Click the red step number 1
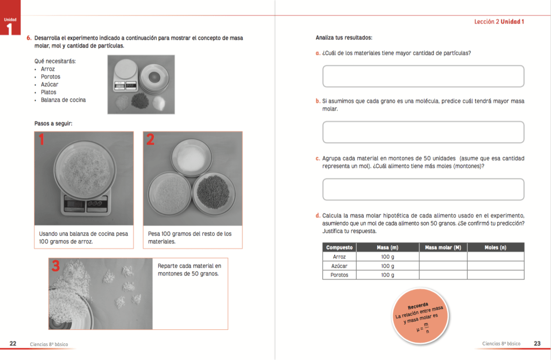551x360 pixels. (x=41, y=140)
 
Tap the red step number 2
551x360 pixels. (x=151, y=140)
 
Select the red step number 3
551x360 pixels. (x=55, y=266)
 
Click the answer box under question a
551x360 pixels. (x=423, y=76)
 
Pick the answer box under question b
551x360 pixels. (x=423, y=132)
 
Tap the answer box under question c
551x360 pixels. (x=423, y=189)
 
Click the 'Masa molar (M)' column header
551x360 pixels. (x=443, y=248)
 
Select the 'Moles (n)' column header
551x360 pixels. (x=495, y=248)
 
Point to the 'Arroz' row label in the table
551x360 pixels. (x=340, y=257)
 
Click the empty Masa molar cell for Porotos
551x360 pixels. (x=443, y=275)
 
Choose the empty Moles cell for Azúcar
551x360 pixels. (x=495, y=266)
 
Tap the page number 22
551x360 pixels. (x=13, y=344)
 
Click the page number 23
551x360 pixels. (x=537, y=344)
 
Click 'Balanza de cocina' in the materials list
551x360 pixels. (x=63, y=100)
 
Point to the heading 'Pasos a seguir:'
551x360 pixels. (x=53, y=124)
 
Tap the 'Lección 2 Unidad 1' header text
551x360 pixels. (x=499, y=22)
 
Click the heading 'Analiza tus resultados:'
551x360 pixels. (x=344, y=38)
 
